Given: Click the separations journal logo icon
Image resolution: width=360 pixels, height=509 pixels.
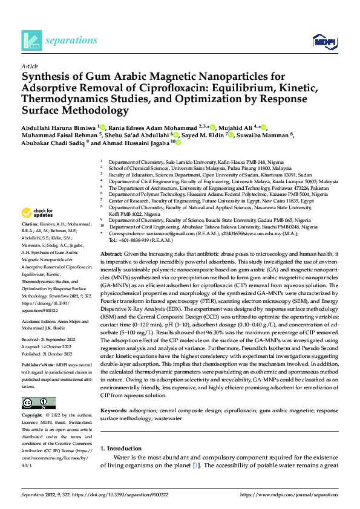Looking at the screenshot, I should pos(30,41).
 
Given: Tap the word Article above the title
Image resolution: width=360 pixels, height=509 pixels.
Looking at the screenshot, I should pos(29,66).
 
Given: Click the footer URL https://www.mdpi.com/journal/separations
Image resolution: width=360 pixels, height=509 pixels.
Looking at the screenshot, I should pos(289,494).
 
